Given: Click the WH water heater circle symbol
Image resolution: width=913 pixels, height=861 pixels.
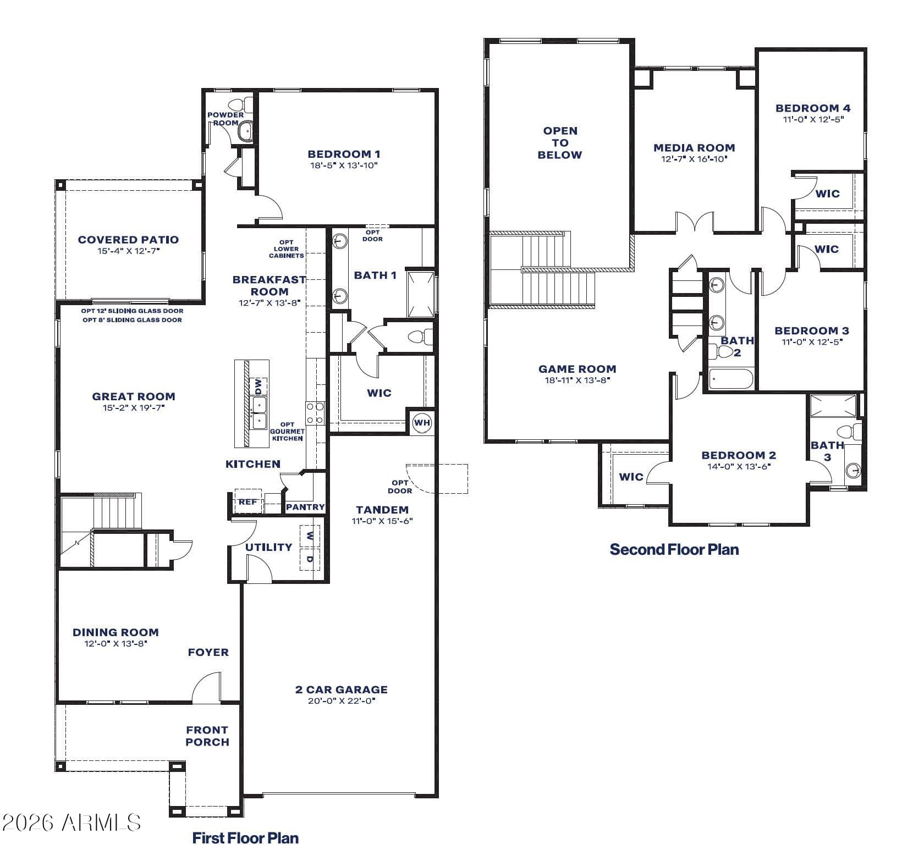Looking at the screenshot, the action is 422,423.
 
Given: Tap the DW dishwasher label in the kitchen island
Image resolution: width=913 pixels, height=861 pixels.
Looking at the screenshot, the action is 258,387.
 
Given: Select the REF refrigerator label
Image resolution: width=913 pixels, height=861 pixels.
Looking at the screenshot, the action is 248,502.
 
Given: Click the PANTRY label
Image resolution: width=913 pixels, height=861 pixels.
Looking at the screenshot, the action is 305,507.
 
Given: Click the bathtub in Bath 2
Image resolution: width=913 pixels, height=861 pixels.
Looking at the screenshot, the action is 730,379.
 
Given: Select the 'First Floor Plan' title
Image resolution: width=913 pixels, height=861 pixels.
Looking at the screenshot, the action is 245,838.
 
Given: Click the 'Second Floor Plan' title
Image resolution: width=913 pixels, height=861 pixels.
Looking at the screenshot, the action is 674,549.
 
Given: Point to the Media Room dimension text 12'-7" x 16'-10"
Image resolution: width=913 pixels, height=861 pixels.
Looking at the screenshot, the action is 694,159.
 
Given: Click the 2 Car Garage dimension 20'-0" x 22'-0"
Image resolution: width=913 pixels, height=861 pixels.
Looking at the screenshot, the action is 341,701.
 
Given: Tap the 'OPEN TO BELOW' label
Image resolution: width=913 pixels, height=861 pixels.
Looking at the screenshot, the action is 560,143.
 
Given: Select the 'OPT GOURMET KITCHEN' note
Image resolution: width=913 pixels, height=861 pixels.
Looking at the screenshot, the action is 287,432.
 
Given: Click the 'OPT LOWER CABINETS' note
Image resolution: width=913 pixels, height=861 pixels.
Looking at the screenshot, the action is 287,249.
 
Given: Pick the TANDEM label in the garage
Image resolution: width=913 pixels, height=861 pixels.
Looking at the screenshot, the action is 382,510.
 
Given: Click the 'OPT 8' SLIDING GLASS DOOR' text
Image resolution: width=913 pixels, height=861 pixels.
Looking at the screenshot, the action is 132,320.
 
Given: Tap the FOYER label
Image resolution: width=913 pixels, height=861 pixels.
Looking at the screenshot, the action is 208,652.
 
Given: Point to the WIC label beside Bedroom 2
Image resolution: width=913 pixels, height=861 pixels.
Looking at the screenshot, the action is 631,477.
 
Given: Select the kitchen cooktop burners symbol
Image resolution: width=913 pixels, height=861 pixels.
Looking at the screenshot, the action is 315,413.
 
